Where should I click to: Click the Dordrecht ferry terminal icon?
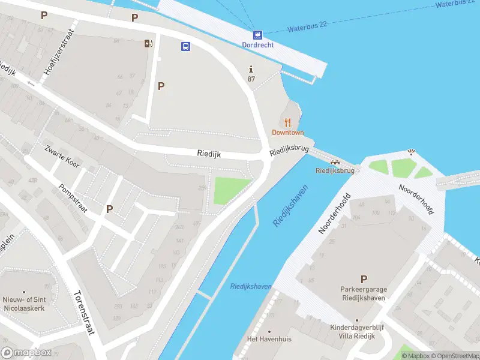tap(257, 35)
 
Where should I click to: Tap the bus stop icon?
tap(186, 46)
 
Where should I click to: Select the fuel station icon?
tap(148, 43)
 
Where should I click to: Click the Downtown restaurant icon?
tap(288, 122)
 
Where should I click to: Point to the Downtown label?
tap(288, 133)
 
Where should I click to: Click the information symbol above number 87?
tap(251, 69)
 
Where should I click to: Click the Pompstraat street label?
tap(73, 198)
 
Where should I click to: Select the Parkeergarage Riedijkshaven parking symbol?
tap(363, 279)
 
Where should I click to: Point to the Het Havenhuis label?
tap(269, 339)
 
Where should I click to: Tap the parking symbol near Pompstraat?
tap(110, 209)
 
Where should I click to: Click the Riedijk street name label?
tap(209, 154)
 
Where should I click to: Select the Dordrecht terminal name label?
tap(257, 45)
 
